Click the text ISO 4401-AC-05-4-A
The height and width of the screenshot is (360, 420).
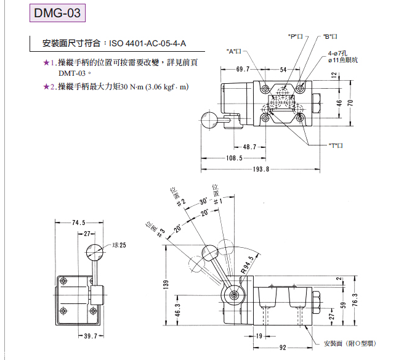[147, 44]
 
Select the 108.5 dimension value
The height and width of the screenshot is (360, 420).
[233, 158]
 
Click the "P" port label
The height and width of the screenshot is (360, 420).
[296, 36]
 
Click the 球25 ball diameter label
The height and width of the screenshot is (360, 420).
[119, 245]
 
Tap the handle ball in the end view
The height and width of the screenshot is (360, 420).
[95, 251]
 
